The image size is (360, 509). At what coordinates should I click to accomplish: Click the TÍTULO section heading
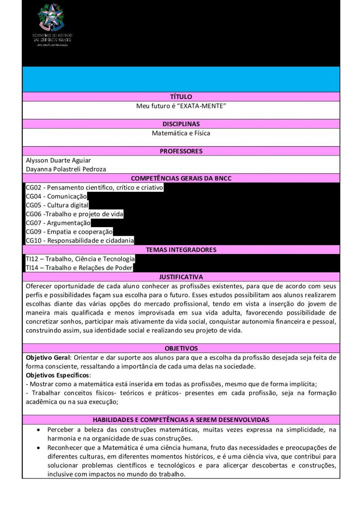click(x=180, y=96)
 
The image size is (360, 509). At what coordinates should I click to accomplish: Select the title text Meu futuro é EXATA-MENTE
click(x=180, y=106)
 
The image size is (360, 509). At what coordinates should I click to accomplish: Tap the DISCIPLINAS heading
click(x=180, y=124)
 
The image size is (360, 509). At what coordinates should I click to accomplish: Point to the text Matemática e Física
click(x=180, y=133)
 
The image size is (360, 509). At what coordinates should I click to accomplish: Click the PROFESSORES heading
click(x=180, y=151)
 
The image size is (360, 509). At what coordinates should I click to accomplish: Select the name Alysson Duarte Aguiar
click(x=56, y=160)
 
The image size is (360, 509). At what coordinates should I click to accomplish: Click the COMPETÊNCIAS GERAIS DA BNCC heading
click(x=180, y=178)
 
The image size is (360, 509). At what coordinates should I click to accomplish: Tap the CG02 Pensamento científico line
click(x=94, y=187)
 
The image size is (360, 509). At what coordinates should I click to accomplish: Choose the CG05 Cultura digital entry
click(x=57, y=205)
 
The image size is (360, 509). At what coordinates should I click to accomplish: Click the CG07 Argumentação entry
click(x=58, y=223)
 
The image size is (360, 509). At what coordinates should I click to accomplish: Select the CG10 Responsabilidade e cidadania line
click(x=80, y=241)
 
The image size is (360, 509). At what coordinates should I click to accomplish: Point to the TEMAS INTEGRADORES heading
click(x=180, y=250)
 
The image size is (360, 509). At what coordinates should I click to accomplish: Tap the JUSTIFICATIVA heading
click(x=180, y=277)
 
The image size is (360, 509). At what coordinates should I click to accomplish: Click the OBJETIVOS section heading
click(x=180, y=348)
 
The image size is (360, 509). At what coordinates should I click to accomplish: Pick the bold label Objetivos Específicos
click(x=57, y=375)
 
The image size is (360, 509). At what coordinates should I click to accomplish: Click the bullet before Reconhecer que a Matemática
click(x=39, y=447)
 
